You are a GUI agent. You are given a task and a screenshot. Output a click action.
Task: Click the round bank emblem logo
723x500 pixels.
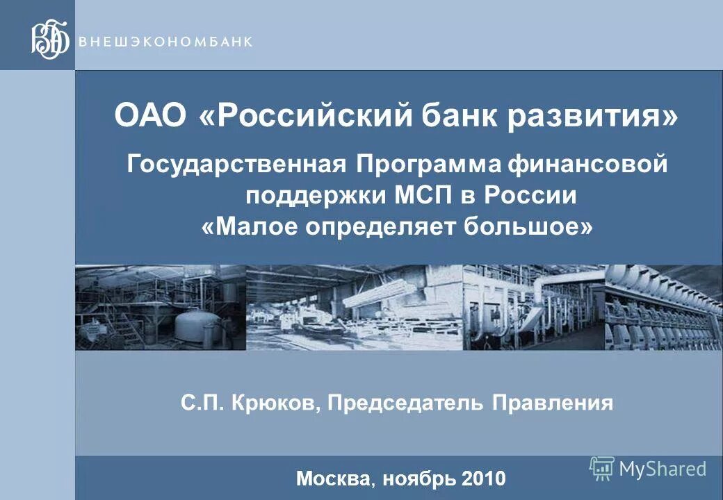(x=50, y=40)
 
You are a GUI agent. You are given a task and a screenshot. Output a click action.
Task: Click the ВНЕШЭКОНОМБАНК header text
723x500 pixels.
(x=166, y=41)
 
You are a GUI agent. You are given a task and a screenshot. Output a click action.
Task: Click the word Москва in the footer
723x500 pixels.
(x=334, y=478)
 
